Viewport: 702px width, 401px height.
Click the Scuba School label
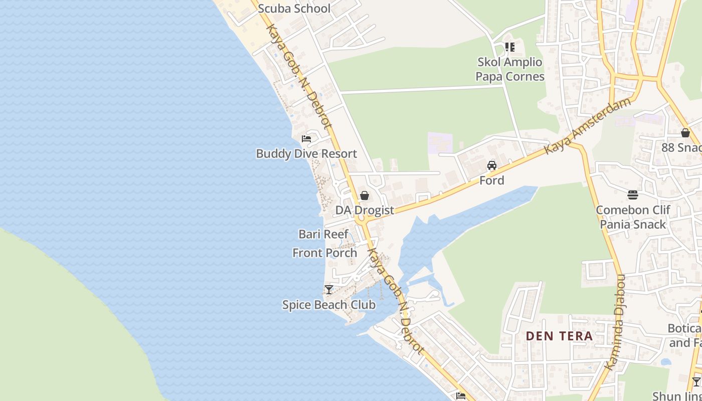294,9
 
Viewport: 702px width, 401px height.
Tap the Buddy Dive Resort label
306,154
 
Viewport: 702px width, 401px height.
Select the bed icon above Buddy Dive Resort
306,139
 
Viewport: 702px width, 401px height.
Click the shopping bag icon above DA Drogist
365,195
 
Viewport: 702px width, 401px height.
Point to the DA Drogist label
365,211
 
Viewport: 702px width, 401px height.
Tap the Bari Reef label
323,234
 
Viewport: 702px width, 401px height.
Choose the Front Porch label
325,253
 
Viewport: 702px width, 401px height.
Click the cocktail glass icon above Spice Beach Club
329,290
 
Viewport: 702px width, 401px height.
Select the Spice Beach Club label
329,305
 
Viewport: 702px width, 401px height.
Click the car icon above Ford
492,165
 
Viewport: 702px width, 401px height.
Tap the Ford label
492,180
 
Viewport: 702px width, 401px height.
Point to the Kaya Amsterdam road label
588,126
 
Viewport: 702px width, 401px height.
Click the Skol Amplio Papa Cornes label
510,69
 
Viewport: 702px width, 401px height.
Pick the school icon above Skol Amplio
510,47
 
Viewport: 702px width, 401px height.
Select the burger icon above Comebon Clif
633,195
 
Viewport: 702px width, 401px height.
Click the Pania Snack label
633,225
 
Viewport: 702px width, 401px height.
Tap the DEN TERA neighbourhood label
560,336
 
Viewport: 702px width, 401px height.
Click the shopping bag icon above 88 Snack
685,133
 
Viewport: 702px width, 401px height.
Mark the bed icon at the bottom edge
461,396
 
